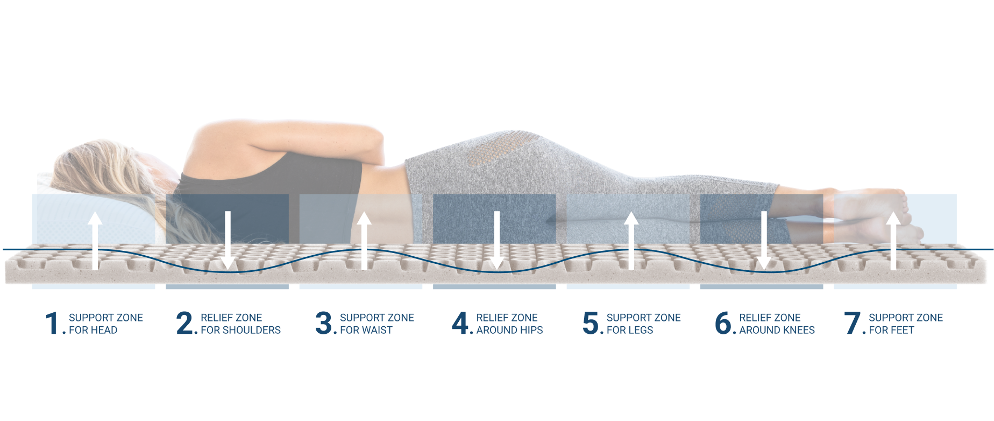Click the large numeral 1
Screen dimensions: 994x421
pyautogui.click(x=52, y=323)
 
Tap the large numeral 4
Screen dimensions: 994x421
pyautogui.click(x=460, y=323)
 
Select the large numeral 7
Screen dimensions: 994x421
pyautogui.click(x=853, y=323)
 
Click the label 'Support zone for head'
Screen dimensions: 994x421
pyautogui.click(x=106, y=324)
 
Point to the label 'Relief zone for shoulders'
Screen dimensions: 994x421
pyautogui.click(x=240, y=324)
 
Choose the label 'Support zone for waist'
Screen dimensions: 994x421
pyautogui.click(x=377, y=324)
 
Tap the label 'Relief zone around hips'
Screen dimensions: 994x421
pyautogui.click(x=509, y=324)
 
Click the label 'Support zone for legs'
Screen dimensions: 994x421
pyautogui.click(x=643, y=324)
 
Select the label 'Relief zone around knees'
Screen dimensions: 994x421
pyautogui.click(x=777, y=324)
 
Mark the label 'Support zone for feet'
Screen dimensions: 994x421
pyautogui.click(x=906, y=324)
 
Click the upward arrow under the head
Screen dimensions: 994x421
pyautogui.click(x=95, y=240)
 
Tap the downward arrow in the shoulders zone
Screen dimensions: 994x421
pyautogui.click(x=228, y=240)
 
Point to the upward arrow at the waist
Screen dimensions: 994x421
pyautogui.click(x=364, y=240)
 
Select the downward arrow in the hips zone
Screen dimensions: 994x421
pyautogui.click(x=497, y=240)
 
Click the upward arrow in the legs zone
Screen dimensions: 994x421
pyautogui.click(x=631, y=240)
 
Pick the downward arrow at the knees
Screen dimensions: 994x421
pyautogui.click(x=764, y=240)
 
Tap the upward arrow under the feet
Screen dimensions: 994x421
pyautogui.click(x=893, y=240)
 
